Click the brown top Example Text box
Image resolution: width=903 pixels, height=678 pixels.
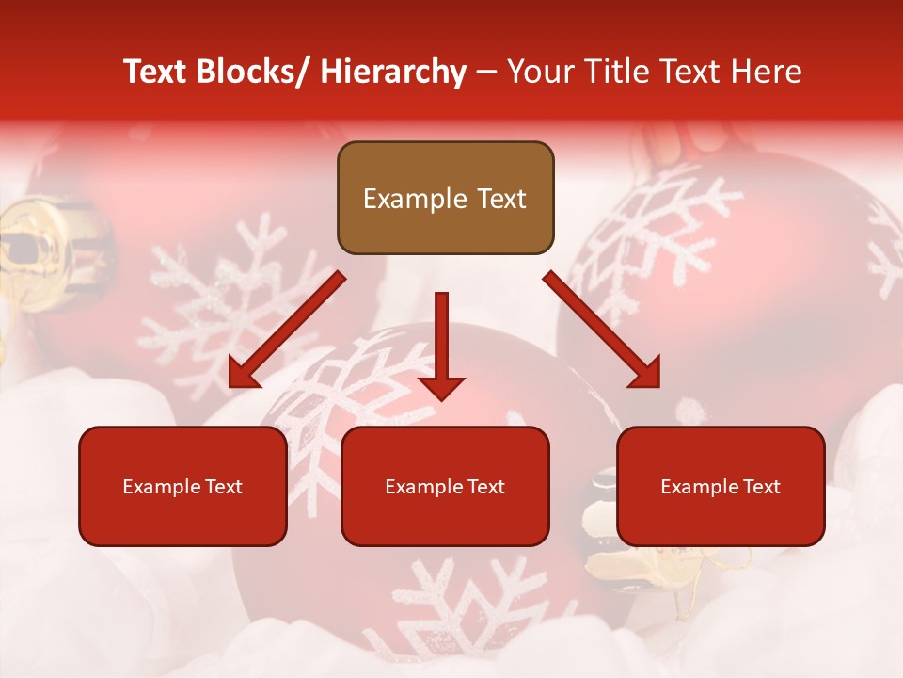[445, 198]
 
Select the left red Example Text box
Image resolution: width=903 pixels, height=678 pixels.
[182, 486]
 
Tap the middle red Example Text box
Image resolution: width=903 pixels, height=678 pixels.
[445, 486]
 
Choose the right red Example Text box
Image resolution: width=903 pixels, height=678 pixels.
[721, 486]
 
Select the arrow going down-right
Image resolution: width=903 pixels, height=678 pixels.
[602, 330]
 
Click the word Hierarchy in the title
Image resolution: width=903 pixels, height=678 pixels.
[392, 72]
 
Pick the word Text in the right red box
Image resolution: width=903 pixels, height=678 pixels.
[762, 487]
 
